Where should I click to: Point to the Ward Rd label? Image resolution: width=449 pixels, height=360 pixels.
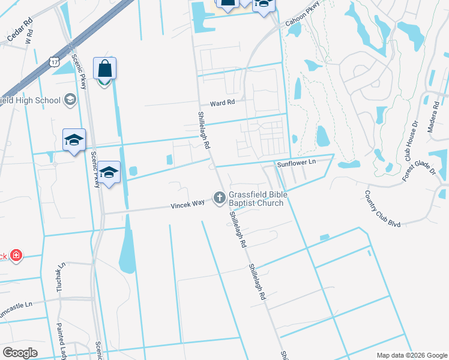(x=221, y=103)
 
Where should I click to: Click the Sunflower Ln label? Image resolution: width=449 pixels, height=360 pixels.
(x=295, y=163)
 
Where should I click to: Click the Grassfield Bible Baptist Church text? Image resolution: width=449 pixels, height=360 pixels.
(x=258, y=199)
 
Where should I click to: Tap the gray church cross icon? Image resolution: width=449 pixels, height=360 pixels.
(x=220, y=197)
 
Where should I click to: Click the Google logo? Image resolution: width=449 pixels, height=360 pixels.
(x=20, y=353)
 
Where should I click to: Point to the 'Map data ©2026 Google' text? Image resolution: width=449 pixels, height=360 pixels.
(x=412, y=355)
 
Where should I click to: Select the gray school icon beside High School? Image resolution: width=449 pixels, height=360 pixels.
(x=70, y=100)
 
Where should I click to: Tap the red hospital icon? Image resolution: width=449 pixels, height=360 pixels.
(x=16, y=256)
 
